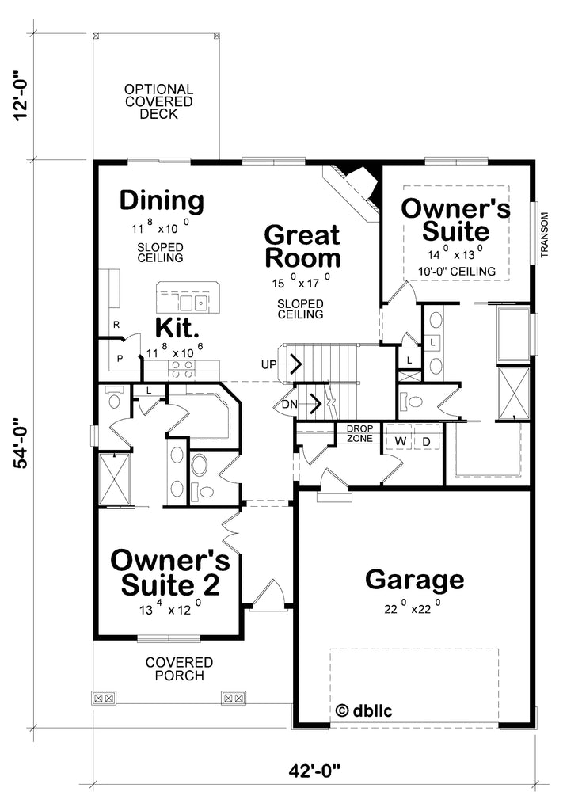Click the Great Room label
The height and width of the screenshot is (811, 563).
[x=302, y=246]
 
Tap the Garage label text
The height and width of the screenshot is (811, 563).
[x=414, y=580]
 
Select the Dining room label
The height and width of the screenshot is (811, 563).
[x=162, y=200]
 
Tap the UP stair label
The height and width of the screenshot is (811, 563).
[x=269, y=364]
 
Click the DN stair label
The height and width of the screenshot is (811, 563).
[x=289, y=405]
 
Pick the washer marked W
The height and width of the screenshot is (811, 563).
[x=401, y=440]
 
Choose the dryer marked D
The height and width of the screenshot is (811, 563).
[x=425, y=440]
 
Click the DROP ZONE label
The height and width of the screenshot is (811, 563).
[x=360, y=433]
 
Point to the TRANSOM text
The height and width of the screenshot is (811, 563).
[x=544, y=237]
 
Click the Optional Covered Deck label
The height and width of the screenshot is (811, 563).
[x=158, y=101]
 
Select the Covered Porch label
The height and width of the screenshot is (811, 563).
[x=179, y=668]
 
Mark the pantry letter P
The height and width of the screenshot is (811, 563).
[x=120, y=358]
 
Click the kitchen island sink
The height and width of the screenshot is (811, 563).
[x=190, y=303]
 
